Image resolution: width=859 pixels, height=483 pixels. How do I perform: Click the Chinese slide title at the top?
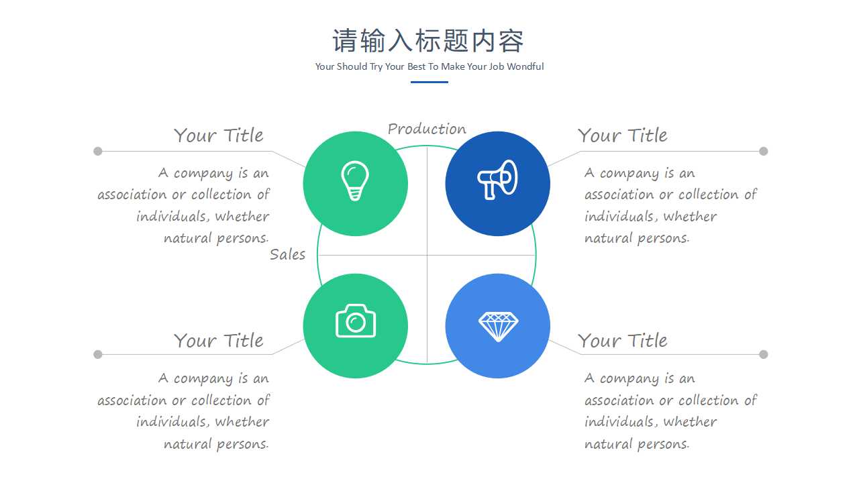point(428,41)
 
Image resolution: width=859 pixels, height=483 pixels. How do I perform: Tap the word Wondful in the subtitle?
point(525,66)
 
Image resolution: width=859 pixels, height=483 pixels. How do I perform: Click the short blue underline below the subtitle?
point(429,82)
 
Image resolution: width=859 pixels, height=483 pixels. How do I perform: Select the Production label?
point(427,129)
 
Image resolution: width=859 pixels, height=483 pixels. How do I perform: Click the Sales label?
point(287,254)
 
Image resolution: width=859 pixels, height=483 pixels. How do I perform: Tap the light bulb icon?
point(355,181)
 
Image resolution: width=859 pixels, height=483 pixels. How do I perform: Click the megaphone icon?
point(497,180)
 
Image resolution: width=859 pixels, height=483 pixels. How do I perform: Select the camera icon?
point(356,321)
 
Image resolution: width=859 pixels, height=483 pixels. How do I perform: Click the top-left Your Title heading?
point(219,136)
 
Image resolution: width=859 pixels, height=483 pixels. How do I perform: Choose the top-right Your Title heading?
point(622,136)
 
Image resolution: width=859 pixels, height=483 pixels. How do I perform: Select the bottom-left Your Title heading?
point(219,341)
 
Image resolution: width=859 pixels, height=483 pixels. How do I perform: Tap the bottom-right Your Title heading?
point(622,341)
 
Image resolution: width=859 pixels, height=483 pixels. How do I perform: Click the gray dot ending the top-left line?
point(98,151)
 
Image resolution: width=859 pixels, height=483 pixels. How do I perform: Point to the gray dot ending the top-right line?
point(763,151)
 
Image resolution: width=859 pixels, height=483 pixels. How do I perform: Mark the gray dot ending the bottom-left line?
point(98,354)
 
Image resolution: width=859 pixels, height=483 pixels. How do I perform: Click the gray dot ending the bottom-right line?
point(763,354)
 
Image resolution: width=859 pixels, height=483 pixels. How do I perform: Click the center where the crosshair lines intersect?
point(427,255)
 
